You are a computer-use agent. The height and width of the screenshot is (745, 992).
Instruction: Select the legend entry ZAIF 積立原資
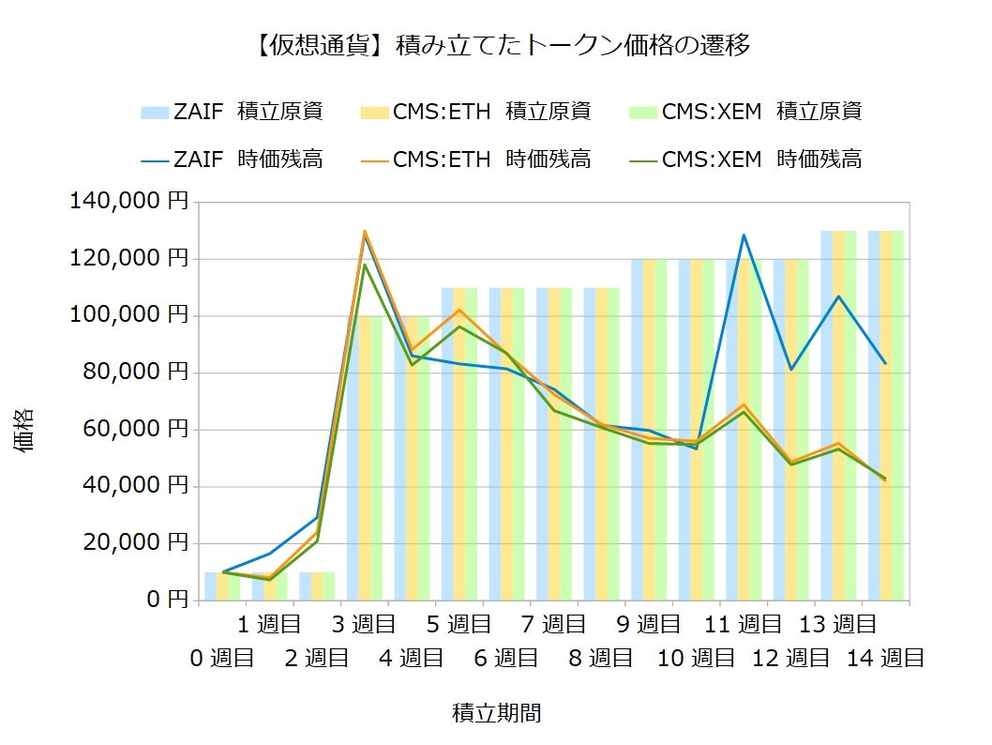233,112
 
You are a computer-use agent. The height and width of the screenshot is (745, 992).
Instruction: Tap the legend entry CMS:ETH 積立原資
475,112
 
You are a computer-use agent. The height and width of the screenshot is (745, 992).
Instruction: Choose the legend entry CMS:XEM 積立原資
746,112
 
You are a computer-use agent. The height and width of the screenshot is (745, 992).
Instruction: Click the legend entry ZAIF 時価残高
233,160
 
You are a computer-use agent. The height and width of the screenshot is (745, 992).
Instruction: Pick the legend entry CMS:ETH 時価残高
475,160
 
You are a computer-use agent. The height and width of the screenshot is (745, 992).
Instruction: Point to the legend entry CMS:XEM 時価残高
746,160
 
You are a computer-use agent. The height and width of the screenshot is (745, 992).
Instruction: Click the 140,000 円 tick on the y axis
128,202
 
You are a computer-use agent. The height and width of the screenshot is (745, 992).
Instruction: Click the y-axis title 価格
25,429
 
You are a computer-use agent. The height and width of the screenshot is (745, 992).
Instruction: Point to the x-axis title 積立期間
497,713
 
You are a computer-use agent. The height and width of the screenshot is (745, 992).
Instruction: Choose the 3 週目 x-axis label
365,623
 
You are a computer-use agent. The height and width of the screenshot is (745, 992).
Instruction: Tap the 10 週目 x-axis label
695,658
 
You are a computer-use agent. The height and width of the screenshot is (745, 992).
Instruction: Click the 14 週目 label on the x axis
885,658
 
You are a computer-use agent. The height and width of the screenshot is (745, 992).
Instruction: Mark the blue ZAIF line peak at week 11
744,236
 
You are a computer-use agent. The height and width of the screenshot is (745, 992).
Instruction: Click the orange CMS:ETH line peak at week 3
364,231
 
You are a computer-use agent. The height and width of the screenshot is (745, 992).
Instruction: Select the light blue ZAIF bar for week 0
211,586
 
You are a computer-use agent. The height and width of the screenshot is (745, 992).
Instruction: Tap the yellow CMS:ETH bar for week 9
648,432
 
